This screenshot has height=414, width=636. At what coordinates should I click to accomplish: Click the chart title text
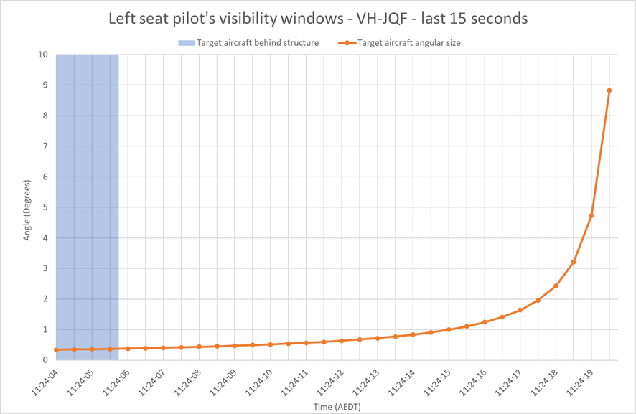(x=318, y=18)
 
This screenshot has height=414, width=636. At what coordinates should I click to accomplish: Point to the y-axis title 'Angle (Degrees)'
(x=27, y=210)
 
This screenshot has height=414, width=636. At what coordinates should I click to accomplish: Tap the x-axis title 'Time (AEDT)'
(x=337, y=407)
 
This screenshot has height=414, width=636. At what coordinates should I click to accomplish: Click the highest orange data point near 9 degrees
(x=609, y=90)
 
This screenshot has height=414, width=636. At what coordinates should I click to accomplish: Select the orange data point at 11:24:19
(x=591, y=216)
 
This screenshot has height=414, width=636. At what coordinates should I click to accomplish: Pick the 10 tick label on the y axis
(x=43, y=55)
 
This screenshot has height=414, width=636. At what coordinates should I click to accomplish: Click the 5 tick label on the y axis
(x=45, y=207)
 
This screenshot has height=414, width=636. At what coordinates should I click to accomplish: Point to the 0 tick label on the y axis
(x=45, y=360)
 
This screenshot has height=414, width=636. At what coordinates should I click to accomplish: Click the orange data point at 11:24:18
(x=556, y=286)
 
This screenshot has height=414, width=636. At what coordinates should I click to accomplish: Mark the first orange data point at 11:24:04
(x=57, y=350)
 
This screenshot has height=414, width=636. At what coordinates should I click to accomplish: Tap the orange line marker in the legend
(x=347, y=43)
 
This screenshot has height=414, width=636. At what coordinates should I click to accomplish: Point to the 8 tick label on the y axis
(x=45, y=116)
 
